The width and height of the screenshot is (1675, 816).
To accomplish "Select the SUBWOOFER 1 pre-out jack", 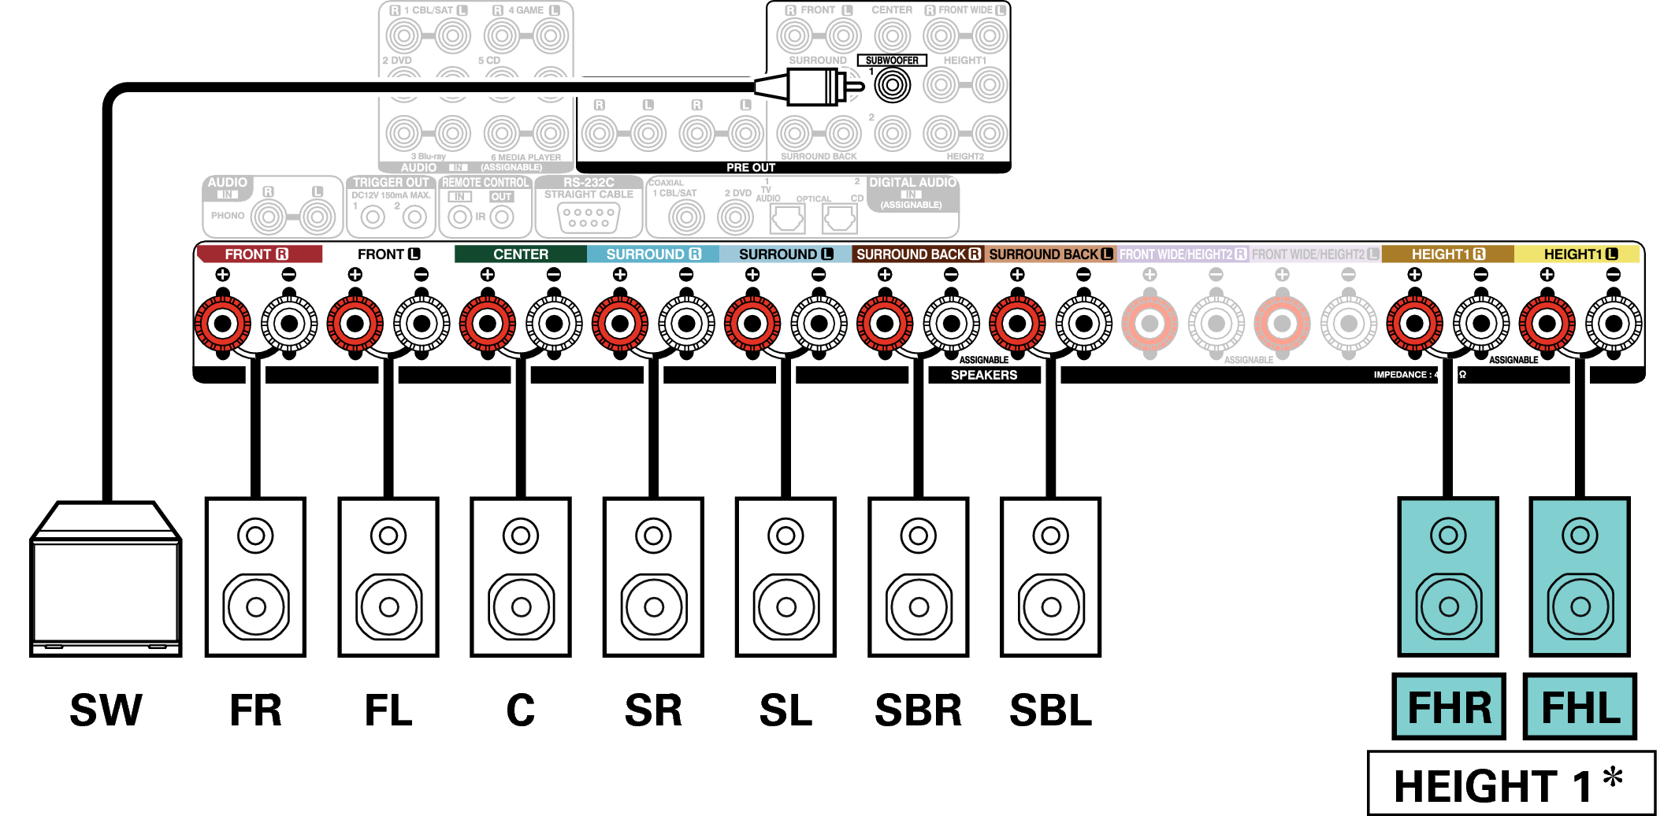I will (x=893, y=85).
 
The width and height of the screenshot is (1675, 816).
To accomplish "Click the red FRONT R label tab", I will (x=258, y=254).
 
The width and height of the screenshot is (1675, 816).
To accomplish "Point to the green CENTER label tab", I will (x=520, y=254).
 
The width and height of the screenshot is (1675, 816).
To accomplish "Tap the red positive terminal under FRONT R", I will (x=223, y=323).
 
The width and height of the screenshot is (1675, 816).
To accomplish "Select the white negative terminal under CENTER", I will (x=554, y=323).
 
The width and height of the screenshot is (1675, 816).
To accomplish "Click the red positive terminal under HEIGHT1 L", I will (x=1547, y=323).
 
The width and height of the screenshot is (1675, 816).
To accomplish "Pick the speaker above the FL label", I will (x=388, y=577).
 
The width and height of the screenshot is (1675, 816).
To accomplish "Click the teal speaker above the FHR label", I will (x=1448, y=577).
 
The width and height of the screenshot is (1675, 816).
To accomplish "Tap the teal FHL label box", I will (x=1580, y=707).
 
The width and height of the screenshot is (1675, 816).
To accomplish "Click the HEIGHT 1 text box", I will (x=1510, y=784).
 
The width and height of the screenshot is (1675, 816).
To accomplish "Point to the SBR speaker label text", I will (x=919, y=710).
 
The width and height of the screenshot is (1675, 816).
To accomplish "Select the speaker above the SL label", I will (x=786, y=577).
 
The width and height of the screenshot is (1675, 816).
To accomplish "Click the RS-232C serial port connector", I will (x=589, y=217).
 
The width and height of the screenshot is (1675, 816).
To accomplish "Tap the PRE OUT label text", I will (x=751, y=168).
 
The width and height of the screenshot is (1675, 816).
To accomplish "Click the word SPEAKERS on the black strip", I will (x=984, y=375).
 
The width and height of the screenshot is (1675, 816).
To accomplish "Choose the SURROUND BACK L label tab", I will (x=1050, y=254).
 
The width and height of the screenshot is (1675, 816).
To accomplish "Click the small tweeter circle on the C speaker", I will (x=521, y=536).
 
